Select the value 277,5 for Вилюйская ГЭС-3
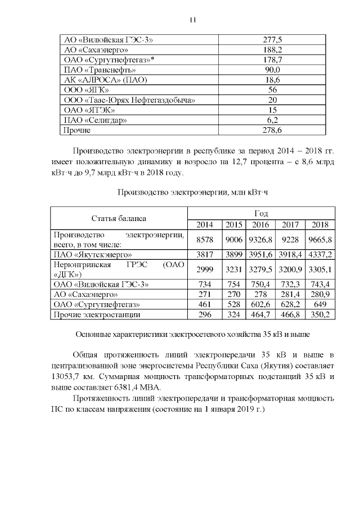[272, 40]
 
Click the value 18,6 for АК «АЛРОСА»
[272, 80]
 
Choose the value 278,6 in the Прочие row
[272, 130]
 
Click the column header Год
[260, 214]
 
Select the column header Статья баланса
[119, 219]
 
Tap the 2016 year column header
[260, 224]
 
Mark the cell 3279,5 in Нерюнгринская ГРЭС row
[260, 269]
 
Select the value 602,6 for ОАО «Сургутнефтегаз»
[260, 304]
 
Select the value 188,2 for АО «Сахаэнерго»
[272, 50]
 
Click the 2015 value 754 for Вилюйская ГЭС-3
[233, 284]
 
